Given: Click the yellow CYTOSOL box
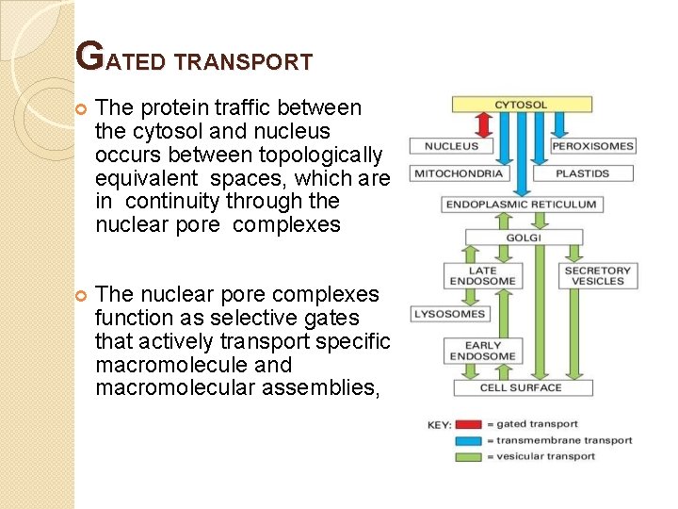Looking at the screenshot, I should (x=521, y=105).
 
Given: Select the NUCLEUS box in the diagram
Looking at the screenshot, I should (x=452, y=146).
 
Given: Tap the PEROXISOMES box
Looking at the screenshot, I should (x=592, y=146).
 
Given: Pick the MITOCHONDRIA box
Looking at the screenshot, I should (x=458, y=173).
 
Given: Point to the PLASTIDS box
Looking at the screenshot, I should (x=582, y=173).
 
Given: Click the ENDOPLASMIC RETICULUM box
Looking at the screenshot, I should (x=521, y=205).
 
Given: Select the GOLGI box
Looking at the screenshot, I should (x=524, y=238).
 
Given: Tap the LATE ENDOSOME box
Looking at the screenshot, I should (x=482, y=276).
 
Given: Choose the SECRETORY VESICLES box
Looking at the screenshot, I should (x=598, y=276).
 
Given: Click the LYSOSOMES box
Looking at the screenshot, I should (x=448, y=314).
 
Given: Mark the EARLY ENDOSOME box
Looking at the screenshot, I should (x=482, y=352).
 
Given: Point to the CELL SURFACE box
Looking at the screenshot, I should (x=520, y=387).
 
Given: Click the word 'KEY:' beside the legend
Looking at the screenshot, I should (x=440, y=426).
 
